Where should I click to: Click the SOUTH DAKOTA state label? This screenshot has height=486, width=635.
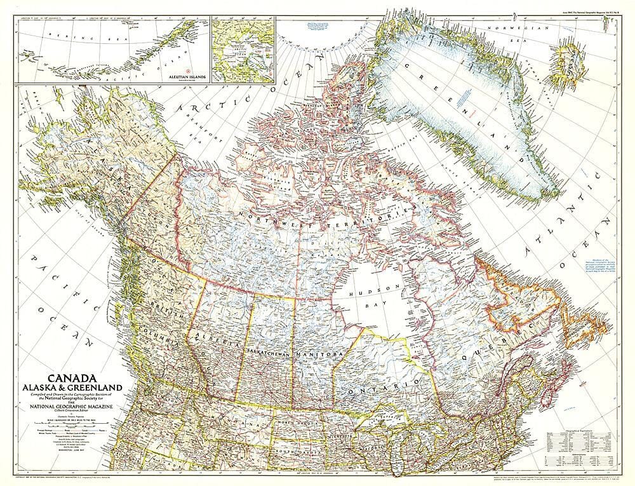click(304, 452)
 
